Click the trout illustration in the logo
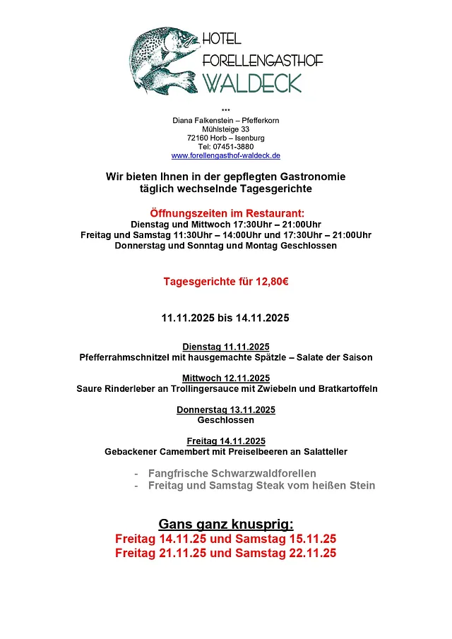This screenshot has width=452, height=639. [x=164, y=59]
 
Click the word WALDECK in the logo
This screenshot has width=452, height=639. [x=252, y=83]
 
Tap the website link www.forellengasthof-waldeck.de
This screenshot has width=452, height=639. [x=226, y=155]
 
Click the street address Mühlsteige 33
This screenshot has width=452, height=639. [x=226, y=129]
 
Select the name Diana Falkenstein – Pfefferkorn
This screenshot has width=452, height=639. [x=226, y=121]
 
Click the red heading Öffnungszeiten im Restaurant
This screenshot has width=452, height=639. [x=226, y=213]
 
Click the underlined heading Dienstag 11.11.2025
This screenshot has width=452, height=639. [x=226, y=347]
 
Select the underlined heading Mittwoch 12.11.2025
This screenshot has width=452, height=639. [x=226, y=378]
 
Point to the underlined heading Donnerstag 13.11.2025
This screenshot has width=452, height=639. [x=226, y=410]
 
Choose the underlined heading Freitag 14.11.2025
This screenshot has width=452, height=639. [x=226, y=441]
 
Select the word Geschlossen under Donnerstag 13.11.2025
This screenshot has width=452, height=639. [x=226, y=420]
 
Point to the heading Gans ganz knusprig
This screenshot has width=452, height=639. [x=226, y=524]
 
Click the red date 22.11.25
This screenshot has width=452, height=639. [x=312, y=554]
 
